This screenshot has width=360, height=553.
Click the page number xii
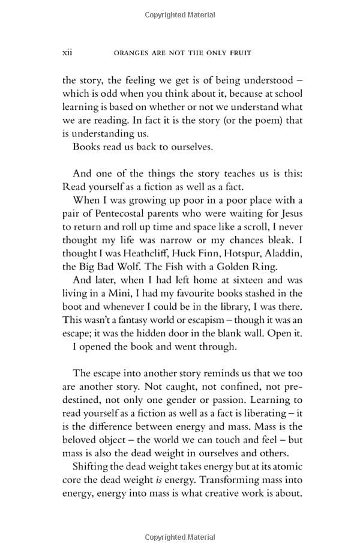point(67,53)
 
